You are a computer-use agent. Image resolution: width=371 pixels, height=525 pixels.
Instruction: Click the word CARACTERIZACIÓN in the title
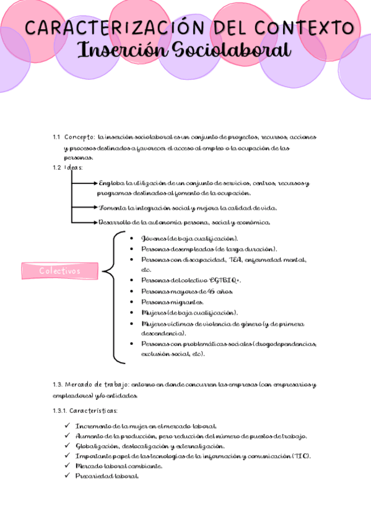coord(103,28)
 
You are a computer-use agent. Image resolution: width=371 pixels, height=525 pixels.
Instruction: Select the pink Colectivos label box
coord(60,271)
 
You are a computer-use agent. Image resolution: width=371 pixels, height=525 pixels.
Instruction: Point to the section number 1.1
coord(56,137)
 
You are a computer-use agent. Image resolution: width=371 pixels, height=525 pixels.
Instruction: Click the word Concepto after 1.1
coord(79,137)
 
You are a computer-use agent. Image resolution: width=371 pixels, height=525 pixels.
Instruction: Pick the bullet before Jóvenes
coord(127,238)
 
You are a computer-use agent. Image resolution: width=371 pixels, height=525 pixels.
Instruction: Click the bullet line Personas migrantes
coord(164,302)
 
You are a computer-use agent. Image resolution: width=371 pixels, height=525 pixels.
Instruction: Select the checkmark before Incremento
coord(67,426)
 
